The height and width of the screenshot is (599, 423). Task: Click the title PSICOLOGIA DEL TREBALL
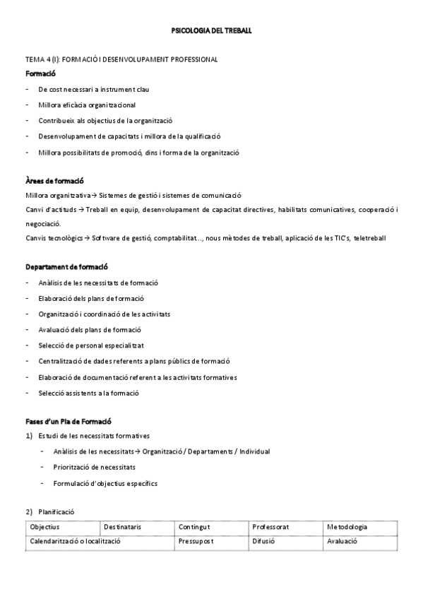pos(211,32)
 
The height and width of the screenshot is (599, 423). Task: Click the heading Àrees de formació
pos(54,182)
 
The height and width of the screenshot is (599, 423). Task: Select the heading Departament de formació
pos(66,268)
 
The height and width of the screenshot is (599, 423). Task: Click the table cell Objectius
pos(44,527)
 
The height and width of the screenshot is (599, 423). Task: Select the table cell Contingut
pos(195,527)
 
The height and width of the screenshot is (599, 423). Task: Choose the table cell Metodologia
pos(347,527)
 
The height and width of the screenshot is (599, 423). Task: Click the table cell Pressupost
pos(196,541)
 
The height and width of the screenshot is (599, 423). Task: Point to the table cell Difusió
pos(263,541)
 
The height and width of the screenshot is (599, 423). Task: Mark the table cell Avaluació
pos(342,541)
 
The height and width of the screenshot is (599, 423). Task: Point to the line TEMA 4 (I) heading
pos(121,59)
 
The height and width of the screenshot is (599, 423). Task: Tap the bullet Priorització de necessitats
pos(94,468)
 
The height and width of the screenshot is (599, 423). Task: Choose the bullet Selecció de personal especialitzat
pos(91,345)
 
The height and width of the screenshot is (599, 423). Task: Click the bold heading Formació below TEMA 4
pos(40,73)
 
